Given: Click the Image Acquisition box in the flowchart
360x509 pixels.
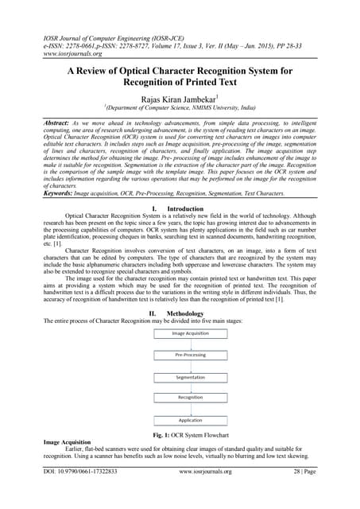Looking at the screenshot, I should [180, 333].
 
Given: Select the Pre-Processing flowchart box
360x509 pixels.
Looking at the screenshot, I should [180, 355].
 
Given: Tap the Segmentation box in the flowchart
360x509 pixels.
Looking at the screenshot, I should [180, 376].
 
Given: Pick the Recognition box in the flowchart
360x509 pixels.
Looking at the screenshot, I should [180, 396].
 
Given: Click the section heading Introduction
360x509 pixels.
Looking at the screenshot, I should [184, 208].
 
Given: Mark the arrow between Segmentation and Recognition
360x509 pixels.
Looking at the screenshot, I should [180, 387].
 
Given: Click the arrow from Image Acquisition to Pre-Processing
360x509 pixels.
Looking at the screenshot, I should [180, 344].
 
